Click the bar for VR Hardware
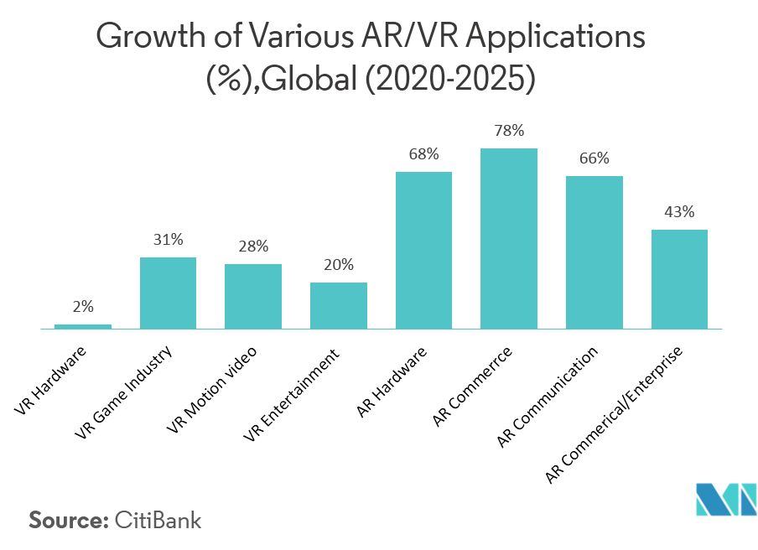[x=83, y=326]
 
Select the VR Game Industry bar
[x=168, y=293]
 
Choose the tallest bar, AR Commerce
[x=509, y=238]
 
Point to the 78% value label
[x=509, y=131]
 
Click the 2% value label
[x=83, y=307]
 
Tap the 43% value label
[x=679, y=212]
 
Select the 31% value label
[x=168, y=240]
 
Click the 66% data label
[x=594, y=158]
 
